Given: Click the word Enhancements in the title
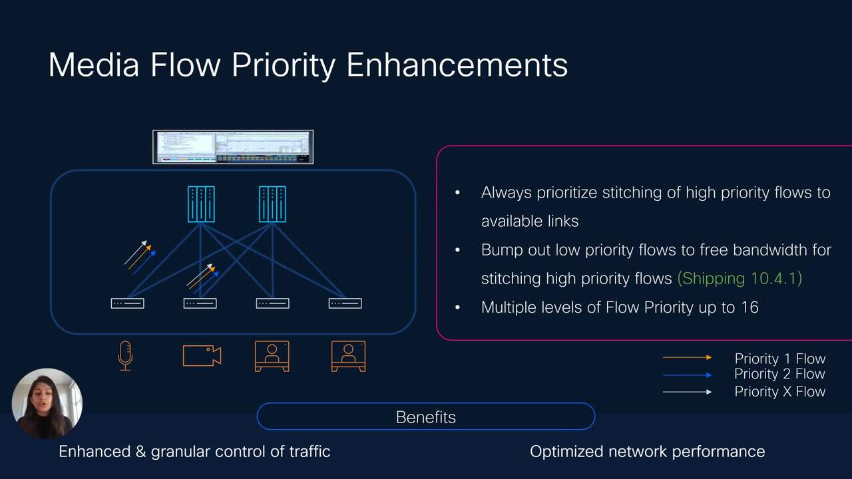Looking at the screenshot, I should click(x=457, y=65).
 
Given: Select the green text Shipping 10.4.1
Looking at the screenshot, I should click(x=740, y=278).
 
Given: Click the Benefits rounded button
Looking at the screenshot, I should click(x=425, y=417).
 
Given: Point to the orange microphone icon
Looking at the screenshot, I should click(x=125, y=356).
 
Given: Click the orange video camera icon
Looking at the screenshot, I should click(x=202, y=356).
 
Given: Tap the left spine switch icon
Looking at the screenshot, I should click(x=201, y=204).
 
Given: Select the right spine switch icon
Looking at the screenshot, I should click(x=272, y=204).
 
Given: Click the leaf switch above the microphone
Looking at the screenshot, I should click(x=127, y=303).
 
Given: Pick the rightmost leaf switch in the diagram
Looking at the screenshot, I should click(x=345, y=303).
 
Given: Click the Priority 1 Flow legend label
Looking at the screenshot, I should click(x=779, y=359).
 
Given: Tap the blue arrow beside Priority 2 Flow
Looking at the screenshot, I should click(x=687, y=375).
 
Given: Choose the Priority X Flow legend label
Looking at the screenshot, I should click(x=779, y=392).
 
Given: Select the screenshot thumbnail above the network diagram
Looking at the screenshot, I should click(x=233, y=147).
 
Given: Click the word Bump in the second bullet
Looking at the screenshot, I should click(x=499, y=250).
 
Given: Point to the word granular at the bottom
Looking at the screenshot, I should click(x=179, y=452).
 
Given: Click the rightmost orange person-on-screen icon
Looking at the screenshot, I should click(x=348, y=356).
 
